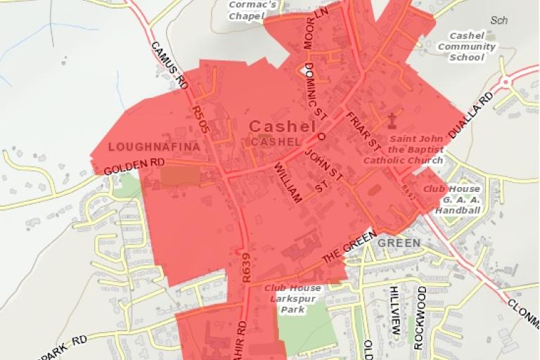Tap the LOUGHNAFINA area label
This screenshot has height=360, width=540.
tap(149, 147)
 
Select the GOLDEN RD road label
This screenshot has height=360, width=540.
tap(134, 167)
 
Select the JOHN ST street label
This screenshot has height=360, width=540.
tap(326, 168)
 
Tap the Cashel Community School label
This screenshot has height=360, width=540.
tap(467, 47)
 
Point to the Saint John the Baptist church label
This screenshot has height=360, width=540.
tap(403, 150)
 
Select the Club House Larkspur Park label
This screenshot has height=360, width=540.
tap(292, 299)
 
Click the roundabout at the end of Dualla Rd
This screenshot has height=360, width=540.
tap(508, 82)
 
